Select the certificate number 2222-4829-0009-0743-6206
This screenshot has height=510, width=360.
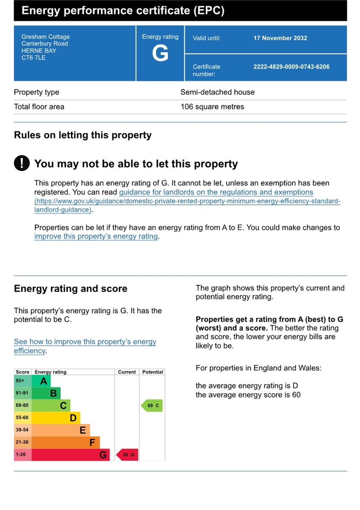coord(291,67)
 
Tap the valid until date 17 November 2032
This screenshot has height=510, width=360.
coord(280,38)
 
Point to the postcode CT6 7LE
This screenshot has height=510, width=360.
coord(34,57)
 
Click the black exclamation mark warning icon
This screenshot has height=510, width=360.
coord(22,163)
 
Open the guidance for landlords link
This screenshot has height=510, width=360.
coord(216,192)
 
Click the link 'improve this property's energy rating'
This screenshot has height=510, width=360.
coord(96,236)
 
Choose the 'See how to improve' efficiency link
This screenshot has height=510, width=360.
coord(85,342)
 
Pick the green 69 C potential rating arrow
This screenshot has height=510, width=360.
coord(152,405)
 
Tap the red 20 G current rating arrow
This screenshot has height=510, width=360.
coord(127,455)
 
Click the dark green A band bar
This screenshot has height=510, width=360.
coord(42,381)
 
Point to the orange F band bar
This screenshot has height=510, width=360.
coord(66,442)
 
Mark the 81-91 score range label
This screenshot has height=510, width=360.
coord(22,393)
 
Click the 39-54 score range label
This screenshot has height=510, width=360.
coord(22,430)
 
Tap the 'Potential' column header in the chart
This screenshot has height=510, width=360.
coord(153,372)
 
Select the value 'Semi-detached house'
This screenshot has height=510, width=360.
coord(218,92)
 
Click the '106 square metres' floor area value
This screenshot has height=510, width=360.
coord(212,107)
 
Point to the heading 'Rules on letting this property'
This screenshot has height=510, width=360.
coord(82,135)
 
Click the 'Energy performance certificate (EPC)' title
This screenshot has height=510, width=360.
coord(123,11)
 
